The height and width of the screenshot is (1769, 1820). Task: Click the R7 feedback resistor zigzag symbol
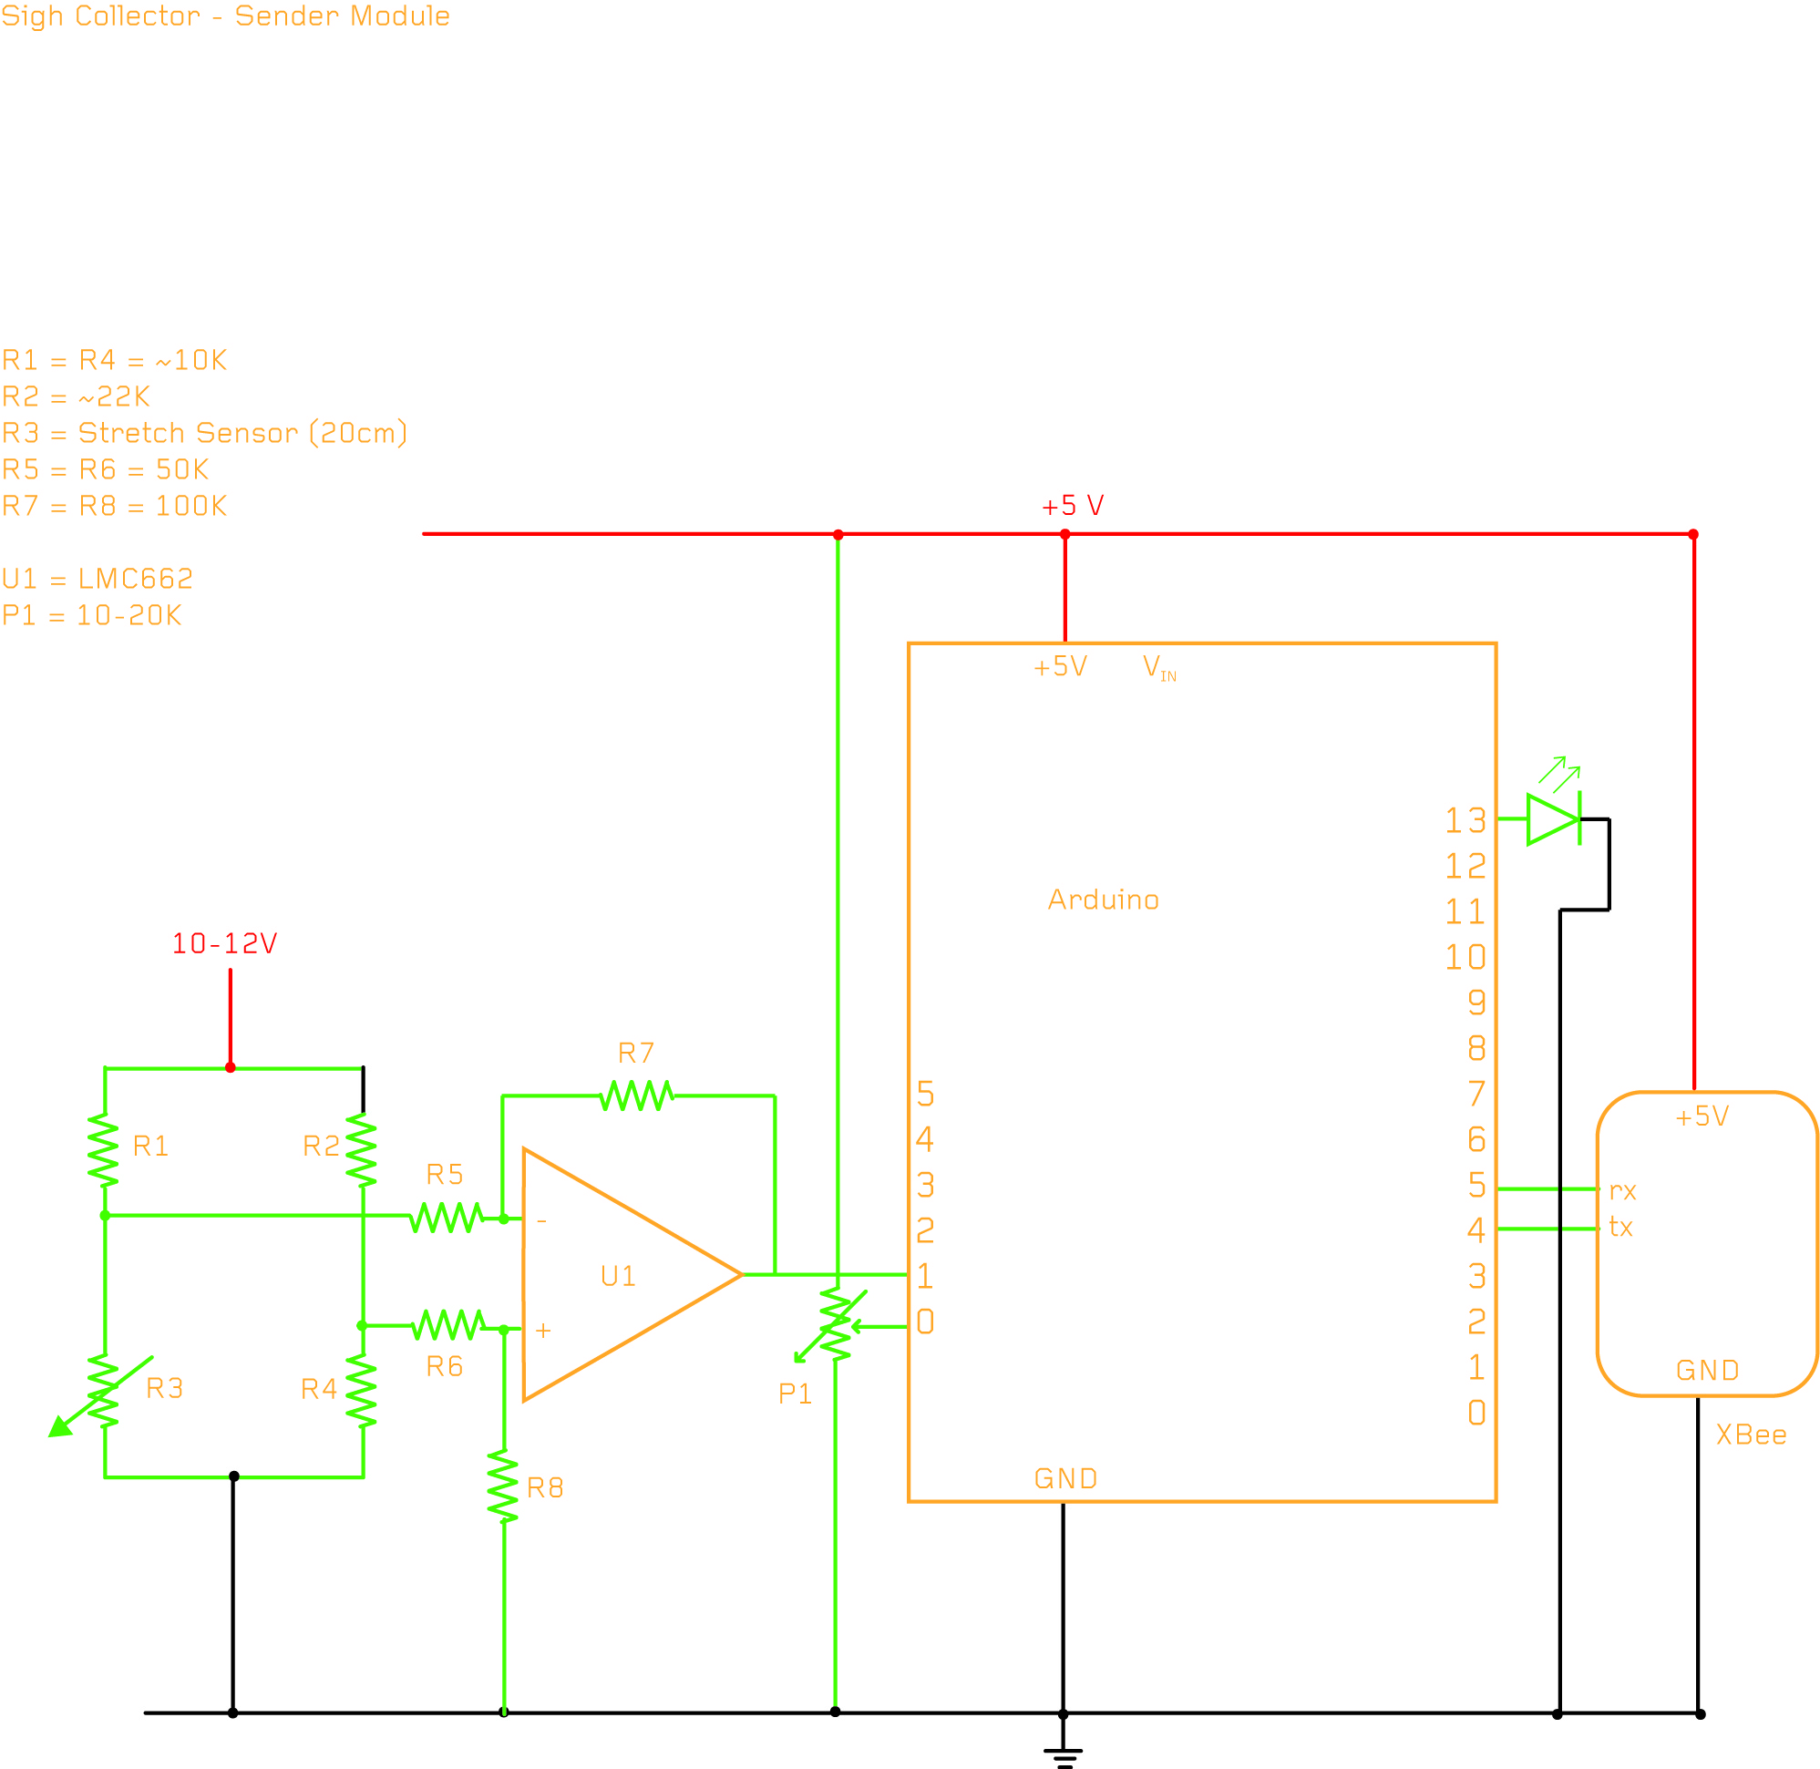pyautogui.click(x=636, y=1095)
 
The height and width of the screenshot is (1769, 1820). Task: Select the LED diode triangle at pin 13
pyautogui.click(x=1552, y=819)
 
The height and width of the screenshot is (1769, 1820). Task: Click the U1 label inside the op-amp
pyautogui.click(x=618, y=1276)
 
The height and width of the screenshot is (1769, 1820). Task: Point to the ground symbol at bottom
pyautogui.click(x=1063, y=1755)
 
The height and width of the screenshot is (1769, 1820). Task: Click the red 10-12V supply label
pyautogui.click(x=225, y=944)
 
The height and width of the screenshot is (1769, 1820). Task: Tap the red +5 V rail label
pyautogui.click(x=1072, y=506)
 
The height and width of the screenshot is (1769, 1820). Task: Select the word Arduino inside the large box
pyautogui.click(x=1103, y=900)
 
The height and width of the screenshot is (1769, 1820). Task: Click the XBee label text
pyautogui.click(x=1751, y=1435)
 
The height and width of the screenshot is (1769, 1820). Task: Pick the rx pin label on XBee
pyautogui.click(x=1622, y=1191)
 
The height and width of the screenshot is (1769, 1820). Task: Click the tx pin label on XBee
pyautogui.click(x=1620, y=1228)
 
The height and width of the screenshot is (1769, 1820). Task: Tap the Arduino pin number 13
pyautogui.click(x=1465, y=820)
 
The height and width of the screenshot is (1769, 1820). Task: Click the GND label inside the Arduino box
pyautogui.click(x=1064, y=1478)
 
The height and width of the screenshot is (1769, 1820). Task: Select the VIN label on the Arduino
pyautogui.click(x=1157, y=667)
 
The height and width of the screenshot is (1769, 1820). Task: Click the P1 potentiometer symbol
pyautogui.click(x=835, y=1324)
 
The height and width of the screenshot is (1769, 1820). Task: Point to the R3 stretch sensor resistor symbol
pyautogui.click(x=103, y=1390)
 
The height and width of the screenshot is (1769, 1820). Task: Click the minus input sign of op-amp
pyautogui.click(x=541, y=1221)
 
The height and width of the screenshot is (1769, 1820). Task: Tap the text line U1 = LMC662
pyautogui.click(x=98, y=579)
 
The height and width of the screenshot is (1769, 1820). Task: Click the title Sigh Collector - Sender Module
pyautogui.click(x=226, y=15)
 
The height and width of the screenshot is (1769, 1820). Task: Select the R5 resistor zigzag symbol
pyautogui.click(x=447, y=1217)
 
